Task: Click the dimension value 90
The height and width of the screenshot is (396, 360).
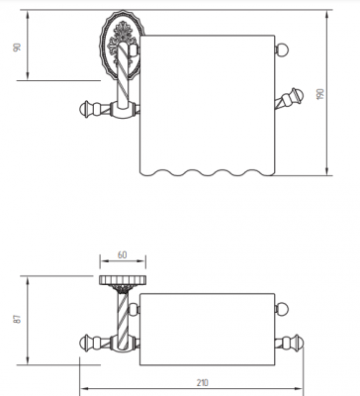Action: point(17,47)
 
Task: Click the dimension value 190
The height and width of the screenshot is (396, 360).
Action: point(320,93)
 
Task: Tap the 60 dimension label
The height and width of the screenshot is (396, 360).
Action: point(122,254)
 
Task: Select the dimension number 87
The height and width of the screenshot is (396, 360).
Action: point(18,319)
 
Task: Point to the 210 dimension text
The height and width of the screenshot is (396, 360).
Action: point(203,382)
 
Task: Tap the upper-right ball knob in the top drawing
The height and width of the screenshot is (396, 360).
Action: point(282,49)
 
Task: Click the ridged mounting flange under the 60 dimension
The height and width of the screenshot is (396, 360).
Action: point(123,280)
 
